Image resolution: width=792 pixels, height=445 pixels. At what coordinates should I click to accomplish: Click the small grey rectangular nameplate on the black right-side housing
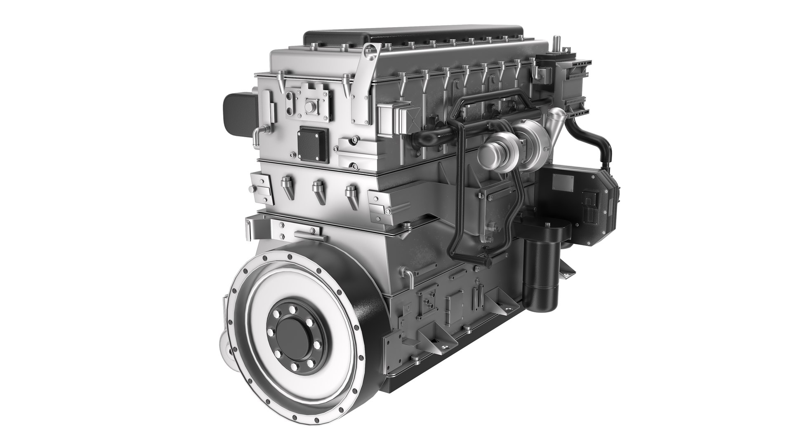pyautogui.click(x=563, y=181)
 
